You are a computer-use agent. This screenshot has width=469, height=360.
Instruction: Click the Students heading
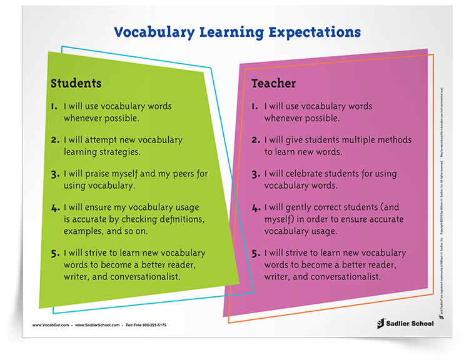click(76, 82)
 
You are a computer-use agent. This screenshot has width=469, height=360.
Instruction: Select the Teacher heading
click(274, 82)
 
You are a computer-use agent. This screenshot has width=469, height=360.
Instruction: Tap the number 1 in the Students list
click(54, 106)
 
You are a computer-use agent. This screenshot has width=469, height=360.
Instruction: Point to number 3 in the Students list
click(54, 173)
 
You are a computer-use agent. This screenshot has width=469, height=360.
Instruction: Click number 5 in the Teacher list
click(255, 253)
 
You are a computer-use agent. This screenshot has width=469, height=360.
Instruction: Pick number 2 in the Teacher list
click(255, 141)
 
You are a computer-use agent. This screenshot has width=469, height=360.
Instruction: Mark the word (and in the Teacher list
click(387, 207)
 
